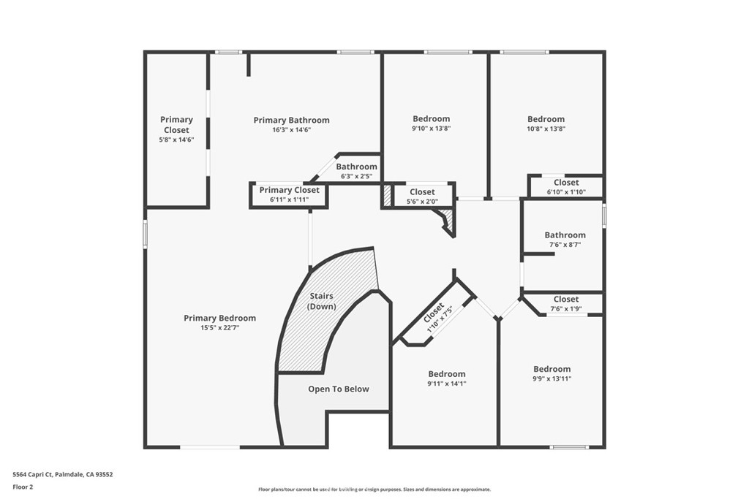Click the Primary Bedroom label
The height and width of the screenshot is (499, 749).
[219, 318]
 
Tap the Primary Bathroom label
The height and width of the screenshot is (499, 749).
[291, 120]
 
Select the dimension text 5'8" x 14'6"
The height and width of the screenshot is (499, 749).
[177, 140]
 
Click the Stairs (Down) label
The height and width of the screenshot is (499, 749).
[322, 301]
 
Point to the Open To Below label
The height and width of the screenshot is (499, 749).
[338, 389]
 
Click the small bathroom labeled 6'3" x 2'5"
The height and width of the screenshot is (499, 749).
[357, 170]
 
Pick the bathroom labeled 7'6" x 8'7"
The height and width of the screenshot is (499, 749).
[565, 240]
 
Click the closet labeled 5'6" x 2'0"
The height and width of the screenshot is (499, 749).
[422, 196]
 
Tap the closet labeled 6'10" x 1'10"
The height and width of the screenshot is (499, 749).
[566, 186]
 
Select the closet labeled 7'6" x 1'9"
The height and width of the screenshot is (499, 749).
[566, 303]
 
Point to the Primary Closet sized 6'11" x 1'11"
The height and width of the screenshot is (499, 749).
[290, 194]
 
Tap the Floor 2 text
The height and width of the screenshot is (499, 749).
[23, 486]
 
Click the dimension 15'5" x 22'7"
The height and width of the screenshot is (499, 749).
[219, 327]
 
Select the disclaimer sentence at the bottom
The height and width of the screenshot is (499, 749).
[374, 490]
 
